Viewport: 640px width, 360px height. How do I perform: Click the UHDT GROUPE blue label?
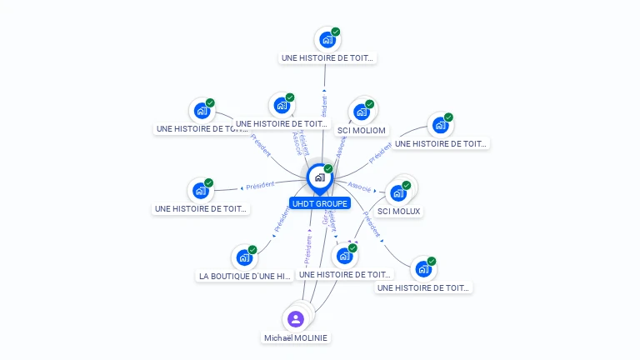coord(321,203)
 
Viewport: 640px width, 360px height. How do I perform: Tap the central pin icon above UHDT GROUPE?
coord(319,177)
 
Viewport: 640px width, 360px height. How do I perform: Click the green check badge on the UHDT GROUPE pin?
coord(328,169)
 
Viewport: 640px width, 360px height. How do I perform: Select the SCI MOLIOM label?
coord(361,131)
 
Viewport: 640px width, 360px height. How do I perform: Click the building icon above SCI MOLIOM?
coord(361,112)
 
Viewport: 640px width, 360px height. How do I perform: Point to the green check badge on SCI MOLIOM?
coord(369,104)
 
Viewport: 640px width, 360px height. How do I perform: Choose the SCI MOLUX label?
coord(399,212)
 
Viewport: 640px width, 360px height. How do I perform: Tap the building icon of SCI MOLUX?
coord(398,192)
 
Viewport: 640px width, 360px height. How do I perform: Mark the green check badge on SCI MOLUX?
coord(407,185)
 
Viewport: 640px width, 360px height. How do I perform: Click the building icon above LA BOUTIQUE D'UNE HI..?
coord(243,257)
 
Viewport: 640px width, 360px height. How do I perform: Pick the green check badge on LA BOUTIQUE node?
coord(252,249)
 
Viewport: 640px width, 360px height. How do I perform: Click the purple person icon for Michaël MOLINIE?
coord(295,318)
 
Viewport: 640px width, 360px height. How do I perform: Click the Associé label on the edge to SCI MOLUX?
coord(360,187)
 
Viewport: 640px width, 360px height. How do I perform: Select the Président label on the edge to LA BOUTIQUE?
coord(281,220)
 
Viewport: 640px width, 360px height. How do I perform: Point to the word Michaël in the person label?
coord(278,338)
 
